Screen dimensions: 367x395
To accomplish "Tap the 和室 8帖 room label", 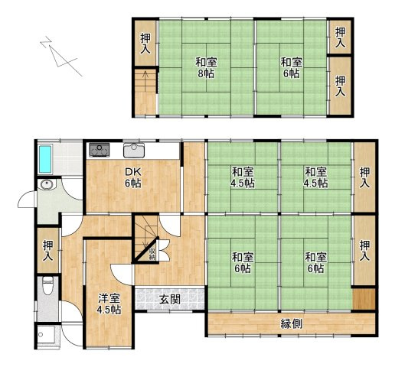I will pos(204,67).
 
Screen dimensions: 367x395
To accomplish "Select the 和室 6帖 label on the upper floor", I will pos(290,67).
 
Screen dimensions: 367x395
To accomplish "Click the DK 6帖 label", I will pos(133,177).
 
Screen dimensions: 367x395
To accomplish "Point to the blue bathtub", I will pos(45,158).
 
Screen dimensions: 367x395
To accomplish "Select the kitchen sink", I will pos(134,149).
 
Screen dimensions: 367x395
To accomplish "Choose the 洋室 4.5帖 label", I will pos(109,304).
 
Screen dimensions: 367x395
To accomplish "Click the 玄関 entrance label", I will pos(170,299).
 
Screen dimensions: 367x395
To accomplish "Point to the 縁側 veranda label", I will pos(291,323).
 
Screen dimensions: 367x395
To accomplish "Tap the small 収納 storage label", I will pos(153,252).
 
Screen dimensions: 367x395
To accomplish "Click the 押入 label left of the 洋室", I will pos(48,250).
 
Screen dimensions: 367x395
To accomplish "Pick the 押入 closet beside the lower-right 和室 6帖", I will pos(364,250).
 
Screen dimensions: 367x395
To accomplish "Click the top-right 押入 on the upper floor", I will pos(340,36).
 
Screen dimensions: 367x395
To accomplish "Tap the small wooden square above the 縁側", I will pos(364,299).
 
